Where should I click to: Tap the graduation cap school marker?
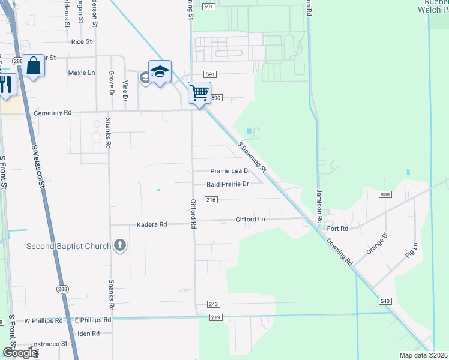click(x=160, y=73)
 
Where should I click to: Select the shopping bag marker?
click(x=34, y=65)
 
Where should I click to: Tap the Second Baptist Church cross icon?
click(x=120, y=245)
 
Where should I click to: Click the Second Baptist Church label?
click(x=68, y=246)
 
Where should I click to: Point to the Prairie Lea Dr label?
click(x=230, y=171)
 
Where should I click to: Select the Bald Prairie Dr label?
click(x=228, y=184)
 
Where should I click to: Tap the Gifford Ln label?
click(x=250, y=220)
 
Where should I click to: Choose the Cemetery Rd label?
click(x=53, y=113)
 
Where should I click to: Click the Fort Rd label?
click(x=337, y=229)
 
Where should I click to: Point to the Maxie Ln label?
click(x=82, y=73)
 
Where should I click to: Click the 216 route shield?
click(x=211, y=200)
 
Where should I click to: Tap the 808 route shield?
click(x=385, y=194)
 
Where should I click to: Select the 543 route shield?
click(x=385, y=301)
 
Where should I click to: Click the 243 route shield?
click(x=213, y=304)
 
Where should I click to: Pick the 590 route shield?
click(x=216, y=97)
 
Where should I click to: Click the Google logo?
click(x=20, y=353)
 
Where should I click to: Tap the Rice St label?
click(x=81, y=42)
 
